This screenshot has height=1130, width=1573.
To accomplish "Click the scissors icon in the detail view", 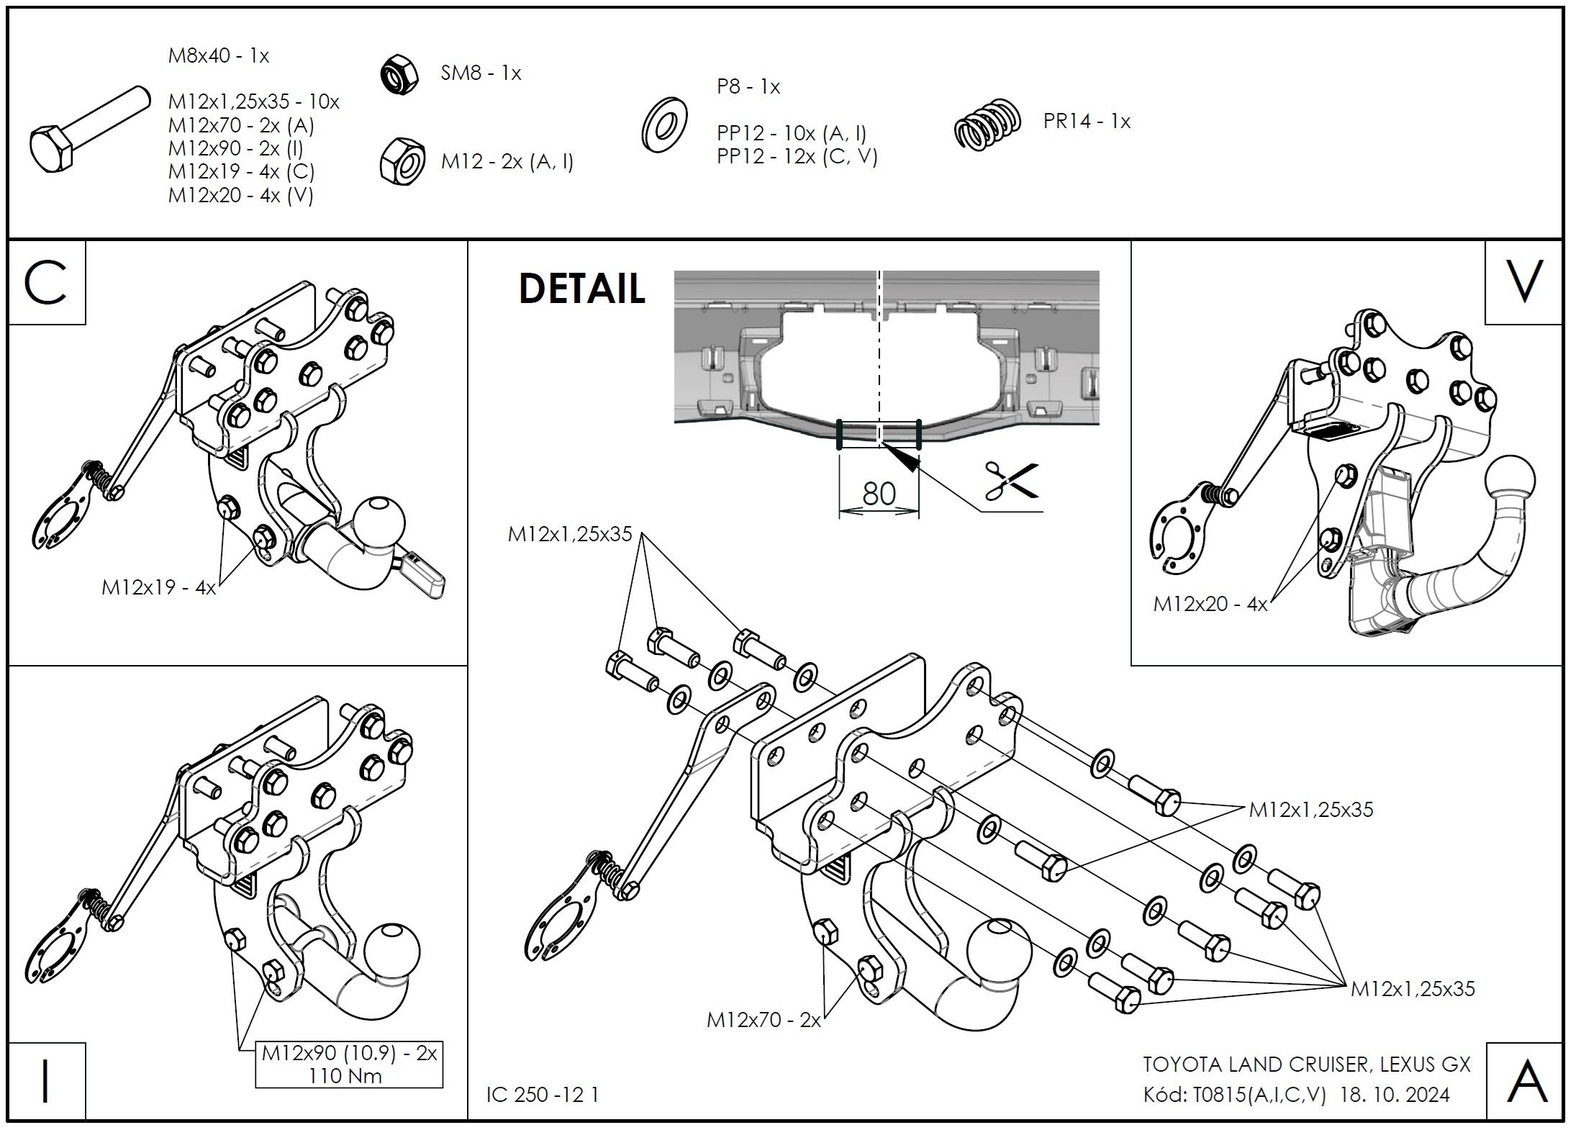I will pyautogui.click(x=1012, y=480).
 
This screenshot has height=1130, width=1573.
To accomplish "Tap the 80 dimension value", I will pyautogui.click(x=879, y=494).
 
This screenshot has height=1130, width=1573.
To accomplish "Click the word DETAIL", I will pyautogui.click(x=581, y=288).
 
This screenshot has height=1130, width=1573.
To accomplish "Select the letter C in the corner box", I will pyautogui.click(x=45, y=283).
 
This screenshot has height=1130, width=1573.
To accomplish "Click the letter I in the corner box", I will pyautogui.click(x=45, y=1080).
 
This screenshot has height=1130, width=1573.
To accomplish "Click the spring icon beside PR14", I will pyautogui.click(x=987, y=124).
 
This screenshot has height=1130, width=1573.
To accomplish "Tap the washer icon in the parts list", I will pyautogui.click(x=664, y=125).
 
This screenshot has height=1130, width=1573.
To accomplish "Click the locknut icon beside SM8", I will pyautogui.click(x=399, y=75).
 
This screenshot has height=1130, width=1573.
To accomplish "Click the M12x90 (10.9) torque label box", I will pyautogui.click(x=349, y=1064).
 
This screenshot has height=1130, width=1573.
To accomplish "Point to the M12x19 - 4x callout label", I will pyautogui.click(x=158, y=587).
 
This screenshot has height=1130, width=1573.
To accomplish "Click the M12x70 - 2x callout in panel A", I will pyautogui.click(x=763, y=1020).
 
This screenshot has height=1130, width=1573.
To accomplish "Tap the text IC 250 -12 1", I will pyautogui.click(x=543, y=1095).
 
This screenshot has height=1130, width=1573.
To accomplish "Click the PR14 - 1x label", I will pyautogui.click(x=1087, y=121).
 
